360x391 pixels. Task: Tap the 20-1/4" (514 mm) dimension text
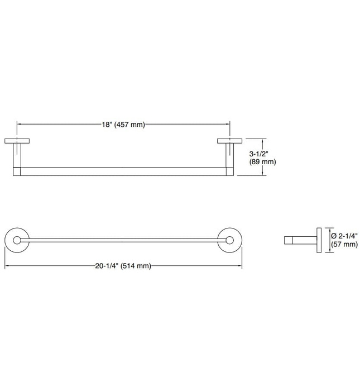click(123, 266)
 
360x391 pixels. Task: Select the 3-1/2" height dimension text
click(259, 152)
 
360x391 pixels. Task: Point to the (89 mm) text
click(262, 162)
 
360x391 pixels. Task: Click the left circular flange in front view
click(17, 241)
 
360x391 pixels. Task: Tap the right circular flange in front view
click(230, 241)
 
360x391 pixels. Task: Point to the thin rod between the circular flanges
click(123, 241)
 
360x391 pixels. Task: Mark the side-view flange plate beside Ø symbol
click(319, 241)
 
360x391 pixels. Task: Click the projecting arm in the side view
click(300, 241)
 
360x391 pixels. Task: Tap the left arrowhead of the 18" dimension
click(20, 125)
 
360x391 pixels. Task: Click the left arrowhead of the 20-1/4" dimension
click(7, 266)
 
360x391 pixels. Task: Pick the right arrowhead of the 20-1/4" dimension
click(240, 266)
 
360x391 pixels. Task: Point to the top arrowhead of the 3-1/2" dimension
click(265, 141)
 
